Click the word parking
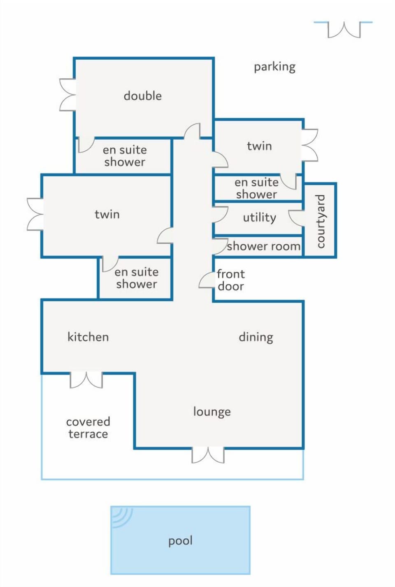274,67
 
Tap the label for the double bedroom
143,96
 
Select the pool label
180,541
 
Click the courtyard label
321,221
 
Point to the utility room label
259,217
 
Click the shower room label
264,246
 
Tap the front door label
231,280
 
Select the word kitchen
88,337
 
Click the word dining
256,337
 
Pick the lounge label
212,412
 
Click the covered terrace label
88,428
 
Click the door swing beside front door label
205,281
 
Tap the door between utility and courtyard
296,218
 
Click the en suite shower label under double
125,156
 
